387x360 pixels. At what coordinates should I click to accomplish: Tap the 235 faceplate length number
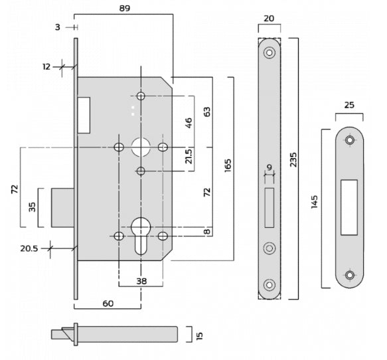294,159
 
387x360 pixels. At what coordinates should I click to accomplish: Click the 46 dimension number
189,122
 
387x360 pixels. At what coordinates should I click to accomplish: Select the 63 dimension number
207,112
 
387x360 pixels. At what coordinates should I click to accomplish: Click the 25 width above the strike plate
350,105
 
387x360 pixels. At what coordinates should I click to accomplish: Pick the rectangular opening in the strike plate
349,207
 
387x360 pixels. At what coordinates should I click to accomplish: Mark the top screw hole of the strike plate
350,139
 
